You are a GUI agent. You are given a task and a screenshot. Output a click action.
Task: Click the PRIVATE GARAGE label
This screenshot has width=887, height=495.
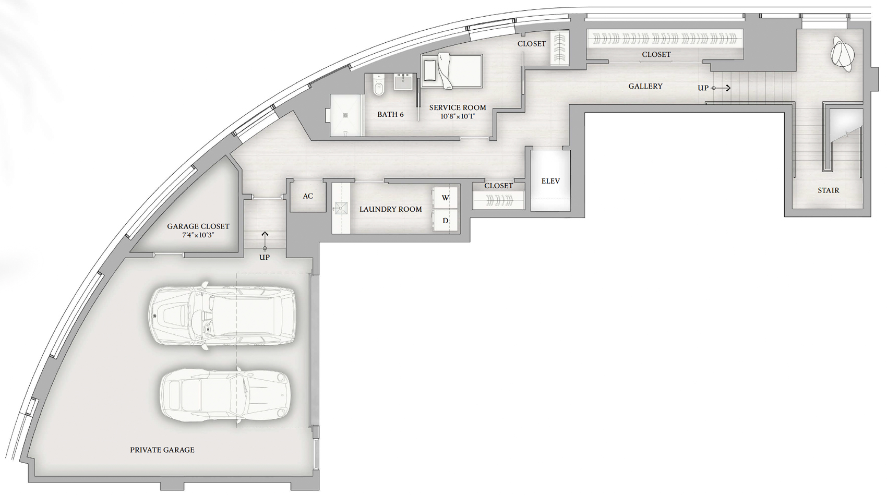pyautogui.click(x=162, y=450)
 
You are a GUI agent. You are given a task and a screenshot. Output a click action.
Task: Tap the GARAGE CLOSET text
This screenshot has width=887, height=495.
pyautogui.click(x=198, y=226)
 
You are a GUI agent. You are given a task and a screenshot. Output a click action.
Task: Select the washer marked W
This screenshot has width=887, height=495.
pyautogui.click(x=445, y=198)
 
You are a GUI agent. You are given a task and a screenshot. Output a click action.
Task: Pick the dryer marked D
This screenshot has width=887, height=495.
pyautogui.click(x=445, y=220)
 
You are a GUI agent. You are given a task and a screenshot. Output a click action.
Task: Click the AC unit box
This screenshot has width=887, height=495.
pyautogui.click(x=308, y=196)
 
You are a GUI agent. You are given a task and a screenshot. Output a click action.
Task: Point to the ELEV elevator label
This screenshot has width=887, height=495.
pyautogui.click(x=550, y=181)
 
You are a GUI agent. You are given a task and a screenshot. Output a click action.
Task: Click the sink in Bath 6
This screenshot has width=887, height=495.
pyautogui.click(x=403, y=81)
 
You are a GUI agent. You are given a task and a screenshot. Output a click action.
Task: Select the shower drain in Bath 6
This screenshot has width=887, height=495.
pyautogui.click(x=346, y=115)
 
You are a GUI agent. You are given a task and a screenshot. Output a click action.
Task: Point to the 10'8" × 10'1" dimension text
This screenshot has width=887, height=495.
pyautogui.click(x=458, y=116)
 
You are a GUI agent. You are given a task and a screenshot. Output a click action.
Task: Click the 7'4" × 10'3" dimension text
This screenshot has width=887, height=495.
pyautogui.click(x=198, y=235)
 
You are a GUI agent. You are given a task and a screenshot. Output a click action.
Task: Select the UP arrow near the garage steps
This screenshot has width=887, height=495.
pyautogui.click(x=265, y=241)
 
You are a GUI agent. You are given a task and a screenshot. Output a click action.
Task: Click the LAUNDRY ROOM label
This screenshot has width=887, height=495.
pyautogui.click(x=390, y=209)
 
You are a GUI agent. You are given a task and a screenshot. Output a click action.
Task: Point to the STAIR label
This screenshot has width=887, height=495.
pyautogui.click(x=829, y=190)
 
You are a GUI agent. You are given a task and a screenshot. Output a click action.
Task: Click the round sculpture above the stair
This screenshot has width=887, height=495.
pyautogui.click(x=842, y=54)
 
